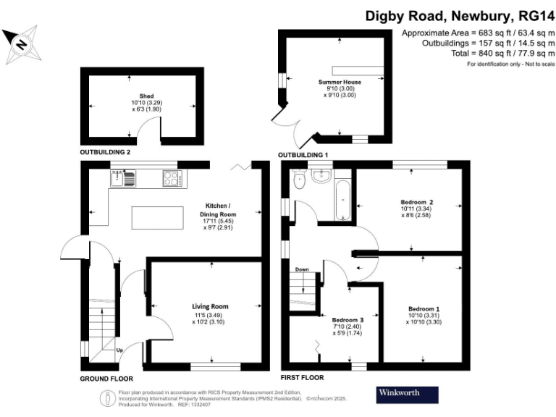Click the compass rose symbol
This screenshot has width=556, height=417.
tap(21, 43)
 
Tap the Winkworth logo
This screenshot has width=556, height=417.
tap(408, 395)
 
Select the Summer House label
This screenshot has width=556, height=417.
tap(340, 82)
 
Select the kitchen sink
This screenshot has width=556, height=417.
tap(124, 177)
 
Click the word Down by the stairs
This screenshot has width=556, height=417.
tap(302, 270)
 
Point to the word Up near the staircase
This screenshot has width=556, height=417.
tap(119, 351)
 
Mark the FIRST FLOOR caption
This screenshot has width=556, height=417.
tap(302, 378)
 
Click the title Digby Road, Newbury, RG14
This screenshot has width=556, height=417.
tap(456, 15)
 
